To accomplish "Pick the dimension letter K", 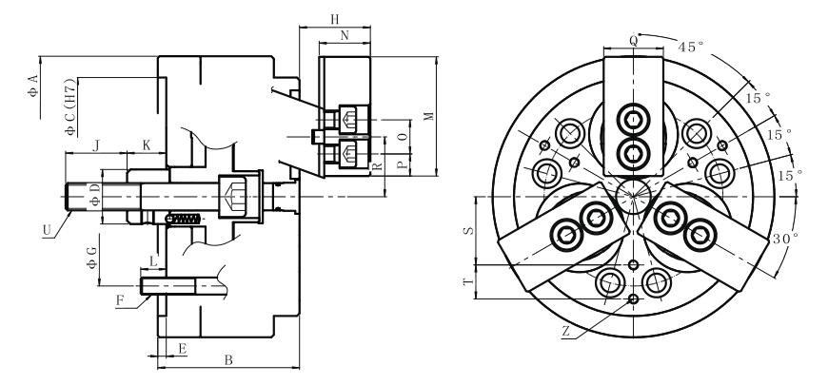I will click(x=146, y=144).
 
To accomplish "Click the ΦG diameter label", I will click(x=90, y=257).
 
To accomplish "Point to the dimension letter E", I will click(x=182, y=349).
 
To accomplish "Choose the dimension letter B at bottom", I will click(x=227, y=360).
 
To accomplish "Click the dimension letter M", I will click(x=429, y=116).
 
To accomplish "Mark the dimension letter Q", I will click(x=634, y=40).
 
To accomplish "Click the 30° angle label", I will click(x=785, y=238).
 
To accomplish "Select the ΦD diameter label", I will click(x=92, y=197).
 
